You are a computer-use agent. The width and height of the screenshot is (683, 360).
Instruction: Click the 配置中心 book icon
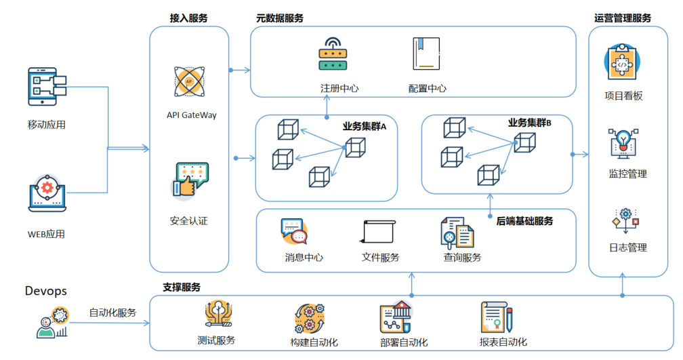point(426,54)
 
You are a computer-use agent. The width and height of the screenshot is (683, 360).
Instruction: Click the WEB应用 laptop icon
point(46,194)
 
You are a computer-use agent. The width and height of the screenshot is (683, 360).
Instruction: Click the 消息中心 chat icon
point(294,231)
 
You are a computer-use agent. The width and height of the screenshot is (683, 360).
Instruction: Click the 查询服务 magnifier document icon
point(457,232)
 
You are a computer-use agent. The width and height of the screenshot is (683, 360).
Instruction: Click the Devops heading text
point(46,291)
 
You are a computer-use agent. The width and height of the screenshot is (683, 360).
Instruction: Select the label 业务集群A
point(364,126)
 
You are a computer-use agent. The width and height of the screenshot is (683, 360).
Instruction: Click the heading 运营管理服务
point(622,18)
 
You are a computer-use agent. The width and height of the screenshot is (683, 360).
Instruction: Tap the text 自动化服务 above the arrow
point(112,313)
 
